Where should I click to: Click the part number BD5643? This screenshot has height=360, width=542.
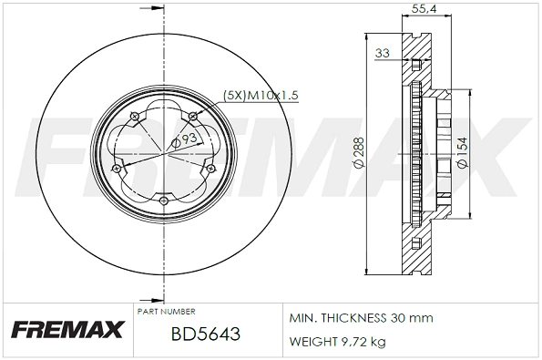click(x=205, y=334)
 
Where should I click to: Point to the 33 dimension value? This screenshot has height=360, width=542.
click(x=383, y=54)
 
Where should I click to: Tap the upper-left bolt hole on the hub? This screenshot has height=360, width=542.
click(x=133, y=115)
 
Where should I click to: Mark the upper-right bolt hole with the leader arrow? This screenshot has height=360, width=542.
click(x=195, y=115)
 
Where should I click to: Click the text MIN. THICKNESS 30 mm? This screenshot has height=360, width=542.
click(x=361, y=318)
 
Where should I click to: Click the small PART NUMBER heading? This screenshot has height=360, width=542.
click(x=165, y=311)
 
